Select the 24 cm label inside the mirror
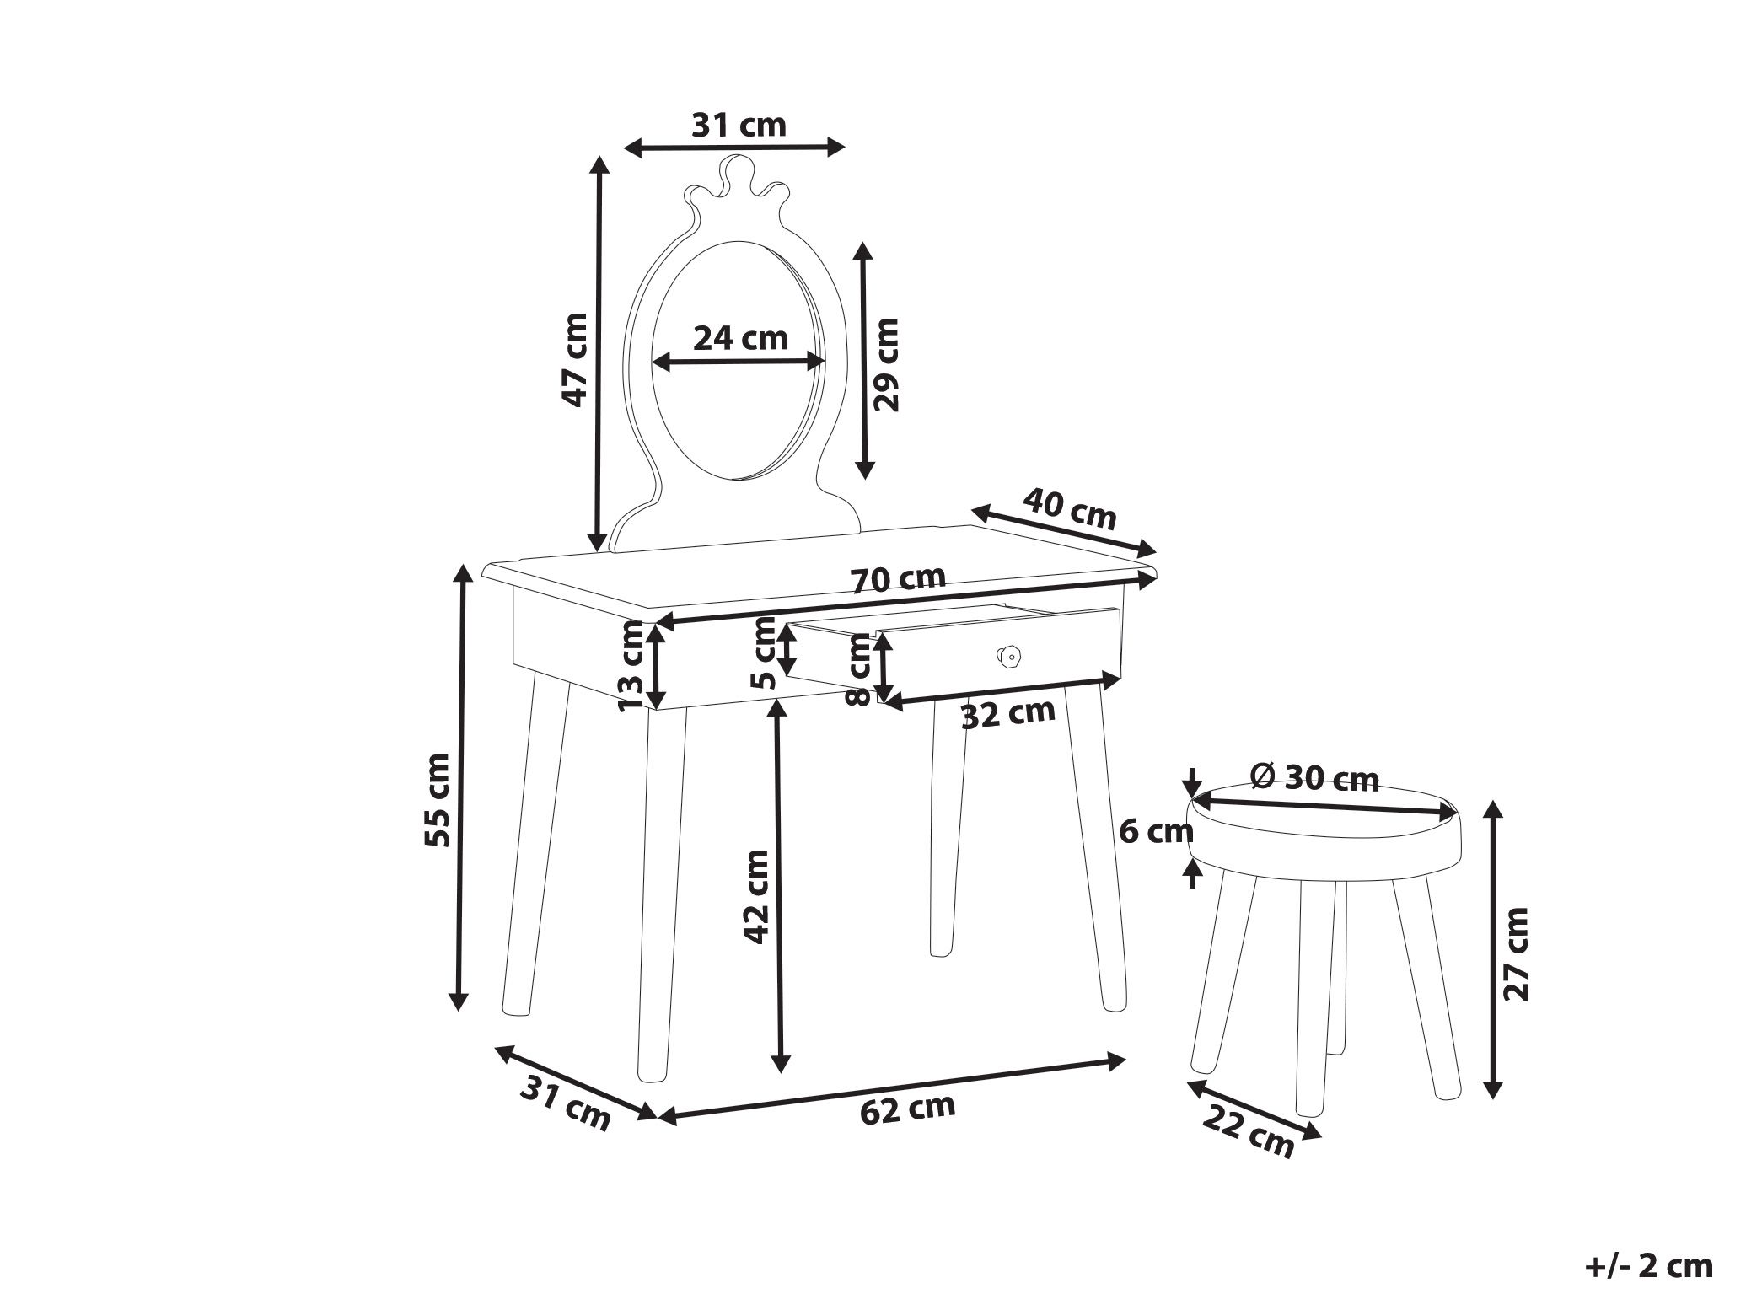740,338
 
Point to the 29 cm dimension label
886,364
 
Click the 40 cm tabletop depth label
1070,508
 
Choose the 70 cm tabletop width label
898,580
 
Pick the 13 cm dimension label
631,666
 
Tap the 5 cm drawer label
763,652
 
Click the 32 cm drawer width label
1008,714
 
